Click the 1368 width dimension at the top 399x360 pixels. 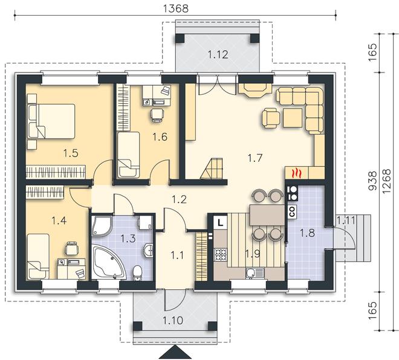pos(175,8)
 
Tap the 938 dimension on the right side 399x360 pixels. pos(372,181)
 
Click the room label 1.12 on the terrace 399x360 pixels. pos(218,54)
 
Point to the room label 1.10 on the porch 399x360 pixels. pos(173,320)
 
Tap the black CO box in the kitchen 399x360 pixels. pos(292,211)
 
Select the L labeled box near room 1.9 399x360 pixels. pos(221,223)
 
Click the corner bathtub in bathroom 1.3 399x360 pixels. pos(109,262)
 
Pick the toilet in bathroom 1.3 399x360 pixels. pos(137,273)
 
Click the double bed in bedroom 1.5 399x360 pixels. pos(51,121)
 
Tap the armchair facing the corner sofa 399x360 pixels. pos(270,118)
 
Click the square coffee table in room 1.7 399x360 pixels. pos(293,118)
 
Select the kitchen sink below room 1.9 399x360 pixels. pos(255,274)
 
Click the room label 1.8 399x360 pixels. pos(307,233)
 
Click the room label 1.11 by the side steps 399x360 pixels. pos(346,220)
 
